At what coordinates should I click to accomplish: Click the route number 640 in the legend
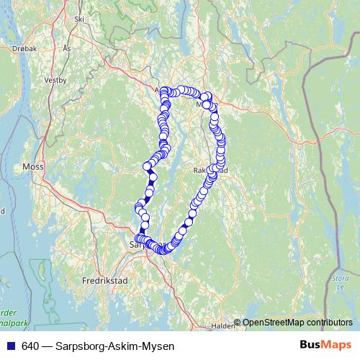[30, 346]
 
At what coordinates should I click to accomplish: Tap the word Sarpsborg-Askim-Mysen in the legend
[115, 346]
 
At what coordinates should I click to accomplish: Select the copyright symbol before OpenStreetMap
[237, 323]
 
